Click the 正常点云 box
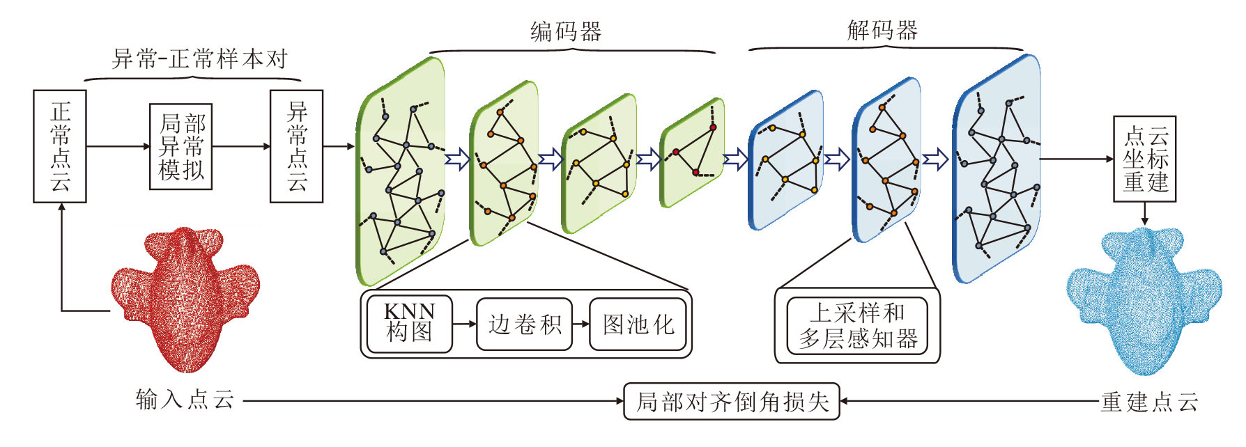click(60, 146)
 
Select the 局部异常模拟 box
click(180, 147)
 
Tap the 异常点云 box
click(296, 146)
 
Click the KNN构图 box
click(409, 324)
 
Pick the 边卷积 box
click(524, 324)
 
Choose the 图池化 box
click(638, 324)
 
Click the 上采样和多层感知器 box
click(857, 326)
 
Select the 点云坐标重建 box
click(1144, 159)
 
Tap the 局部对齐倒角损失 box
click(731, 401)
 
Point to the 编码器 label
click(565, 31)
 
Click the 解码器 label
click(882, 30)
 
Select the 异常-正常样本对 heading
click(199, 59)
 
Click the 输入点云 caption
click(185, 400)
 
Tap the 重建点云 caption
click(1149, 402)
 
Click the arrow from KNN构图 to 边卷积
click(464, 324)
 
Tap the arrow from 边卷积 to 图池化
click(580, 324)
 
